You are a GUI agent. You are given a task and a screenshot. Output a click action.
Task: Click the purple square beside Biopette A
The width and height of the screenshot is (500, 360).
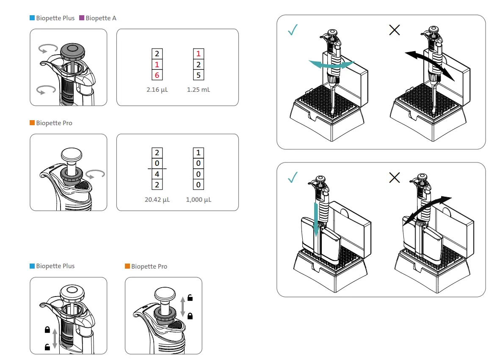(82, 18)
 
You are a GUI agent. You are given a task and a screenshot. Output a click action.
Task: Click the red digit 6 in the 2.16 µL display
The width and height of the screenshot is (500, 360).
(157, 75)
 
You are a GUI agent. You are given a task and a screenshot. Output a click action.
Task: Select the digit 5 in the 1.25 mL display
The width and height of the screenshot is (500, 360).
(198, 75)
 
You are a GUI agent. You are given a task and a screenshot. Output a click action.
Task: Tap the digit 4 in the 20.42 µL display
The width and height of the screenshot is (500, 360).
(157, 174)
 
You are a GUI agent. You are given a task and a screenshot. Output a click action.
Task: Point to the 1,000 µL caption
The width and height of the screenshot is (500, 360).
(199, 200)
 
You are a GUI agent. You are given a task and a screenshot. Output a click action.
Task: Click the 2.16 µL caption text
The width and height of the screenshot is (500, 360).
(157, 90)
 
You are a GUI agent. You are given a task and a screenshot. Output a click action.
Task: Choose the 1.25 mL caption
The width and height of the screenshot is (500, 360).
(198, 90)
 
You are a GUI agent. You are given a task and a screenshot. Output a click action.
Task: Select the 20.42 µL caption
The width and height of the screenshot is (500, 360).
(157, 200)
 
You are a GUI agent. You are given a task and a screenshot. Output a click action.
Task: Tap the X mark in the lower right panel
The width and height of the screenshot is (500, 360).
(394, 178)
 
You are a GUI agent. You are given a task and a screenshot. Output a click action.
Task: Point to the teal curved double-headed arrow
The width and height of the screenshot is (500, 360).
(331, 63)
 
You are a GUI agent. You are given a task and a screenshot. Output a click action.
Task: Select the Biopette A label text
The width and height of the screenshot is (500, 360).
(101, 18)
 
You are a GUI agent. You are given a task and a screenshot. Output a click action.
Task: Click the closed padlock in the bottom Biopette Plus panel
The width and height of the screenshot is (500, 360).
(47, 330)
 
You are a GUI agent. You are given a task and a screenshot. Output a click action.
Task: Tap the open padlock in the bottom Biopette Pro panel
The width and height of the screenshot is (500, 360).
(190, 298)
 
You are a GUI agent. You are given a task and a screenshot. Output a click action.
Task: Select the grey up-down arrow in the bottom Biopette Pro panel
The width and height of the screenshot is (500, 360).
(183, 307)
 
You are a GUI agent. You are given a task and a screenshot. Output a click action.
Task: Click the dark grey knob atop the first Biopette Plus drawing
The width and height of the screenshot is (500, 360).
(74, 51)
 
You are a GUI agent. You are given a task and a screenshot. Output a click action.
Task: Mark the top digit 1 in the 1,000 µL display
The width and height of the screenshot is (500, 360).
(198, 153)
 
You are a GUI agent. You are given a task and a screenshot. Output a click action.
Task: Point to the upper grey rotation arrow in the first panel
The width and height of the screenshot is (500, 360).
(47, 49)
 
